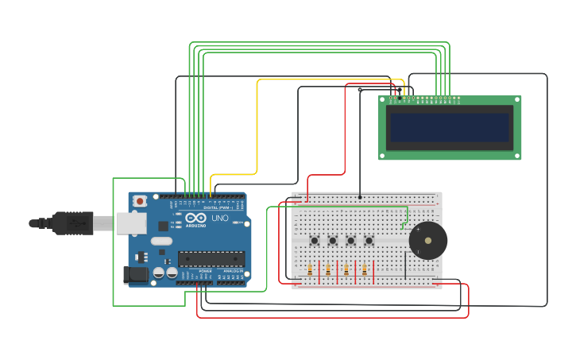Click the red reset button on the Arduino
coord(140,202)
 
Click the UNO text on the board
coord(219,218)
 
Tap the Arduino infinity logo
coord(196,217)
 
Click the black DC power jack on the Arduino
coord(135,275)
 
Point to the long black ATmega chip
coord(211,258)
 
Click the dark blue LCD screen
coord(449,127)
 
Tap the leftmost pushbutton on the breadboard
coord(315,241)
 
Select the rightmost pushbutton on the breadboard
coord(369,241)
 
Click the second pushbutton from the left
coord(333,241)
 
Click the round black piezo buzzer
coord(428,240)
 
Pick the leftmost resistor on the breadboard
coord(310,270)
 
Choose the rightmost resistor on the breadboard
coord(365,270)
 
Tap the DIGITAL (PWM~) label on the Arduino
coord(218,208)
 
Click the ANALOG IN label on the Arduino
coord(233,271)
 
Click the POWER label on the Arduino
coord(205,271)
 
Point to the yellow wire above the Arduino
coord(257,127)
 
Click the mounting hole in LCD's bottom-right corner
coord(517,156)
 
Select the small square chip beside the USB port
coord(163,226)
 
